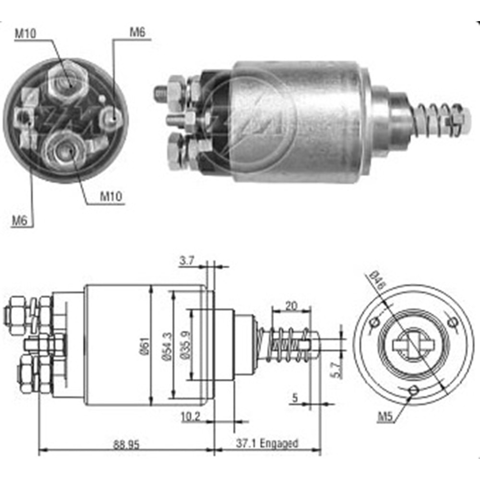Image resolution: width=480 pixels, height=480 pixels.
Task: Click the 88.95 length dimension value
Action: (126, 444)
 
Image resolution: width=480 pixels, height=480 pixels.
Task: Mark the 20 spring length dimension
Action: (291, 305)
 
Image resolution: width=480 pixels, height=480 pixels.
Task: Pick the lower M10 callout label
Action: (111, 196)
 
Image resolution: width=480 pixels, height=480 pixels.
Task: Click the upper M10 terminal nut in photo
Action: (68, 78)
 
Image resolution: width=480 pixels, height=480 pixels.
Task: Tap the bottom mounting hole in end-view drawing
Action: (412, 391)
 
